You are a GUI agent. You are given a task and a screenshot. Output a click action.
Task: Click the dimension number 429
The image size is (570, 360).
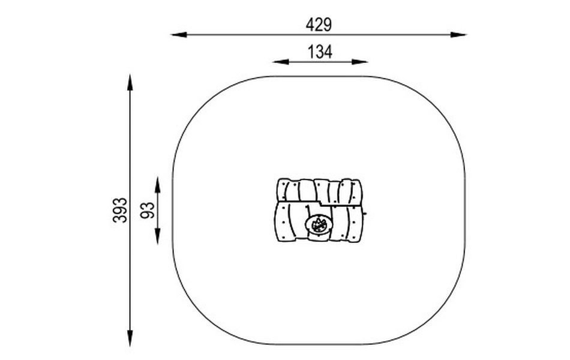pyautogui.click(x=319, y=25)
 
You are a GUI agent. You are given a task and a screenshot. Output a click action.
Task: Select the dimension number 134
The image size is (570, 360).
pyautogui.click(x=320, y=52)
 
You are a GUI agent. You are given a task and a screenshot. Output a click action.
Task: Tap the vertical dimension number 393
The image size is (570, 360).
pyautogui.click(x=120, y=210)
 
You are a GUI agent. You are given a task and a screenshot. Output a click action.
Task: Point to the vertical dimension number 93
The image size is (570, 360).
pyautogui.click(x=148, y=210)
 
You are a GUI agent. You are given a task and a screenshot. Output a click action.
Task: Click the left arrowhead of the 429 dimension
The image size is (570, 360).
pyautogui.click(x=179, y=35)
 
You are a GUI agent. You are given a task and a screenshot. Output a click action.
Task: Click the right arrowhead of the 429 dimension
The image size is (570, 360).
pyautogui.click(x=458, y=35)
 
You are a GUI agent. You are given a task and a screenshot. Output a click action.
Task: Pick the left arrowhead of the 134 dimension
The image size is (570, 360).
pyautogui.click(x=281, y=62)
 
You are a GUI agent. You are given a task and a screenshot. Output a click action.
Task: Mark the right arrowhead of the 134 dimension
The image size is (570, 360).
pyautogui.click(x=360, y=62)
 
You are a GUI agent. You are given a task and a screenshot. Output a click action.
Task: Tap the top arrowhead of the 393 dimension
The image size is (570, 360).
pyautogui.click(x=130, y=82)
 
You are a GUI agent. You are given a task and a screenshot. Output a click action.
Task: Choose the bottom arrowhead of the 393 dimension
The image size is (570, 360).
pyautogui.click(x=130, y=338)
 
